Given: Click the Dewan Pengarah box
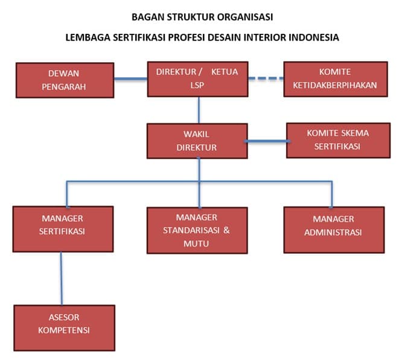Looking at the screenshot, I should click(65, 80).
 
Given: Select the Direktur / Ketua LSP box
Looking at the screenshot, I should click(197, 79).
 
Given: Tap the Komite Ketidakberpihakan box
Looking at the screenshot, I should click(336, 79).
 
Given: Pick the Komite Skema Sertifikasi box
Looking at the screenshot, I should click(337, 140).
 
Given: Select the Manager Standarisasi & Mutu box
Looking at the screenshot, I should click(197, 230).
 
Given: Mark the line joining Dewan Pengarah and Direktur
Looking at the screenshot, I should click(131, 77).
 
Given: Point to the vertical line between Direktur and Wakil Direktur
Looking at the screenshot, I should click(199, 110).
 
